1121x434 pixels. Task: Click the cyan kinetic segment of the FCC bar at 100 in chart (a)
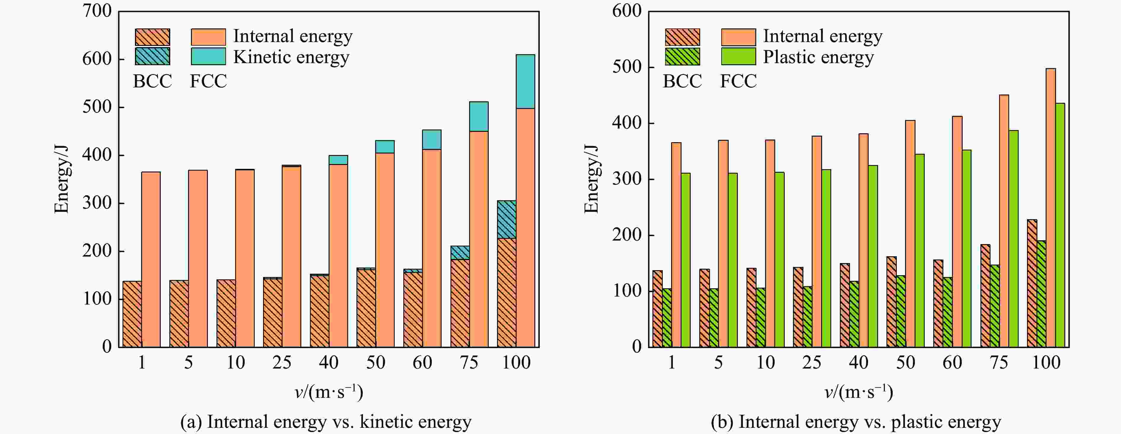point(525,81)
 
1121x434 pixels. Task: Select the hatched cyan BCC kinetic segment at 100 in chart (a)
point(507,219)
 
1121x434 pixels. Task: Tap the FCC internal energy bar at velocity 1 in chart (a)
point(151,259)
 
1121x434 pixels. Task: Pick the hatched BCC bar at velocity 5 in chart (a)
point(179,313)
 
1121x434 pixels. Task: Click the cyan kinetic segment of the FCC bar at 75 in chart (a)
point(478,116)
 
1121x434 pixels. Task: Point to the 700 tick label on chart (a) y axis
point(97,11)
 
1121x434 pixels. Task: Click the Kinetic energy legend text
point(291,57)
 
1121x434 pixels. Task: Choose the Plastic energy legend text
point(818,57)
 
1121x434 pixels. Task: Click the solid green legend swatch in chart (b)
point(738,57)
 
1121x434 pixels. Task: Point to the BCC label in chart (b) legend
point(682,81)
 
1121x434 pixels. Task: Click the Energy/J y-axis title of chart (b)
point(591,179)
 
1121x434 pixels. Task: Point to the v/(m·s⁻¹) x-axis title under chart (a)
point(329,392)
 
